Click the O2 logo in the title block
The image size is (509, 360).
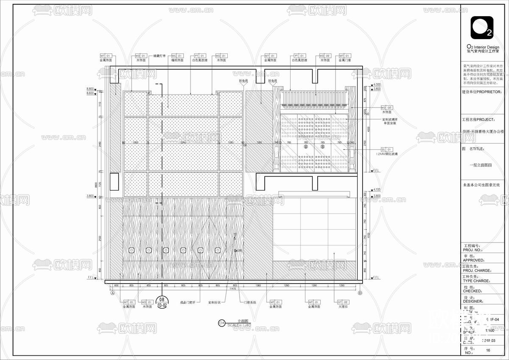[481, 28]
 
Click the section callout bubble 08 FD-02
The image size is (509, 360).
[162, 302]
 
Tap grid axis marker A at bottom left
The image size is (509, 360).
[113, 293]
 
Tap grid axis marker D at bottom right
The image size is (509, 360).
[360, 293]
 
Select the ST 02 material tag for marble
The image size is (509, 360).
[343, 302]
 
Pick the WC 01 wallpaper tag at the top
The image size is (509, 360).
[177, 56]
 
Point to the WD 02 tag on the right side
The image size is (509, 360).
[386, 107]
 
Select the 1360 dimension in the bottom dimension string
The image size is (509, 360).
[258, 286]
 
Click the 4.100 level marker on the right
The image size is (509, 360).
[376, 190]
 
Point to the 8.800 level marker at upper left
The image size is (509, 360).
[90, 88]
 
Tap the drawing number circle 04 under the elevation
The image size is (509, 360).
[221, 323]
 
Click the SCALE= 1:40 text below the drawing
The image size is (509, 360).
[239, 325]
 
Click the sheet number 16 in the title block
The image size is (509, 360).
[488, 351]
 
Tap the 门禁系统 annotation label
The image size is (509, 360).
[250, 303]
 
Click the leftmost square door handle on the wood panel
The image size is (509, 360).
[131, 250]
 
